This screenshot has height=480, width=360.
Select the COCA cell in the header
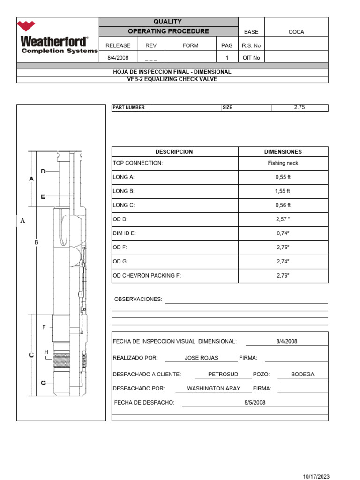(296, 32)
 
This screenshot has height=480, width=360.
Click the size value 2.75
(299, 107)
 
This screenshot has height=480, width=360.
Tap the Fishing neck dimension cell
(283, 163)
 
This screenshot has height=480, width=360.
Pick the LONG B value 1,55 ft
(283, 191)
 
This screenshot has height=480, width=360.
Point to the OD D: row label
(120, 219)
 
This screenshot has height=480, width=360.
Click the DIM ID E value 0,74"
(283, 233)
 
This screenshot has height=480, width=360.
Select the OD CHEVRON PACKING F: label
(147, 276)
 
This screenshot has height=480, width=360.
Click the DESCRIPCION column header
(174, 152)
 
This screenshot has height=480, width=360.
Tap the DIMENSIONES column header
(283, 152)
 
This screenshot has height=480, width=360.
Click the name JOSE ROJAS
(201, 358)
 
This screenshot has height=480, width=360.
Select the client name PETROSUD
(223, 375)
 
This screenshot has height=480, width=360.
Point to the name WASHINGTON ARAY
(213, 389)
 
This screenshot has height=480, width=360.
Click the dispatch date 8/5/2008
(255, 403)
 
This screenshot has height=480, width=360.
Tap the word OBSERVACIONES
(138, 300)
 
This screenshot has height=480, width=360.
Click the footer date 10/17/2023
(316, 476)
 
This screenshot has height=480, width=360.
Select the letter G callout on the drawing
(43, 383)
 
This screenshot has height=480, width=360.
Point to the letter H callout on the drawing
(46, 352)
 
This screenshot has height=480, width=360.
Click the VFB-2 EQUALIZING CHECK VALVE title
(172, 79)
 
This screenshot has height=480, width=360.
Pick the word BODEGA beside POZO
(302, 375)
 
